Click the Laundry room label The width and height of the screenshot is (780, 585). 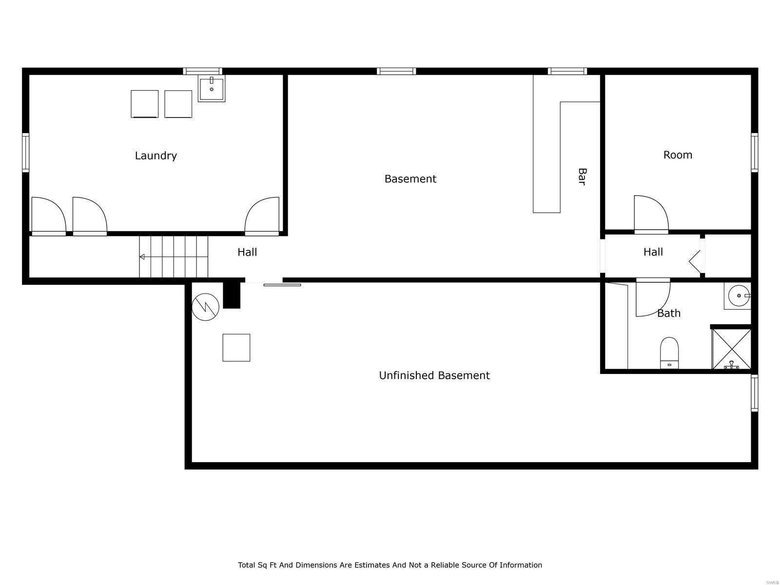(156, 156)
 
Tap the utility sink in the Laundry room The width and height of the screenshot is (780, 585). (212, 89)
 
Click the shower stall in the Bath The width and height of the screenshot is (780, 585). (731, 349)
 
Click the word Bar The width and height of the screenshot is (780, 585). (582, 176)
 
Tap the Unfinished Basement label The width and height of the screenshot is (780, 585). (434, 375)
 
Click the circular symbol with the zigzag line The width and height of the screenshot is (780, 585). (205, 307)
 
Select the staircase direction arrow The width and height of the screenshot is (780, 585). (142, 257)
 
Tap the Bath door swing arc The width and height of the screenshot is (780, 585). (653, 298)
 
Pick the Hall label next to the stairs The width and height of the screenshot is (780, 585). (247, 252)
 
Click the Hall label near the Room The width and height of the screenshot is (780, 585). (653, 252)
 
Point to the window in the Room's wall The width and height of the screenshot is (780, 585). (754, 153)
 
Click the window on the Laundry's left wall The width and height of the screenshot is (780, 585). (26, 152)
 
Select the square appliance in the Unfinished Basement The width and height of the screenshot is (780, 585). (236, 348)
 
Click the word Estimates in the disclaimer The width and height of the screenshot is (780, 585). (371, 565)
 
